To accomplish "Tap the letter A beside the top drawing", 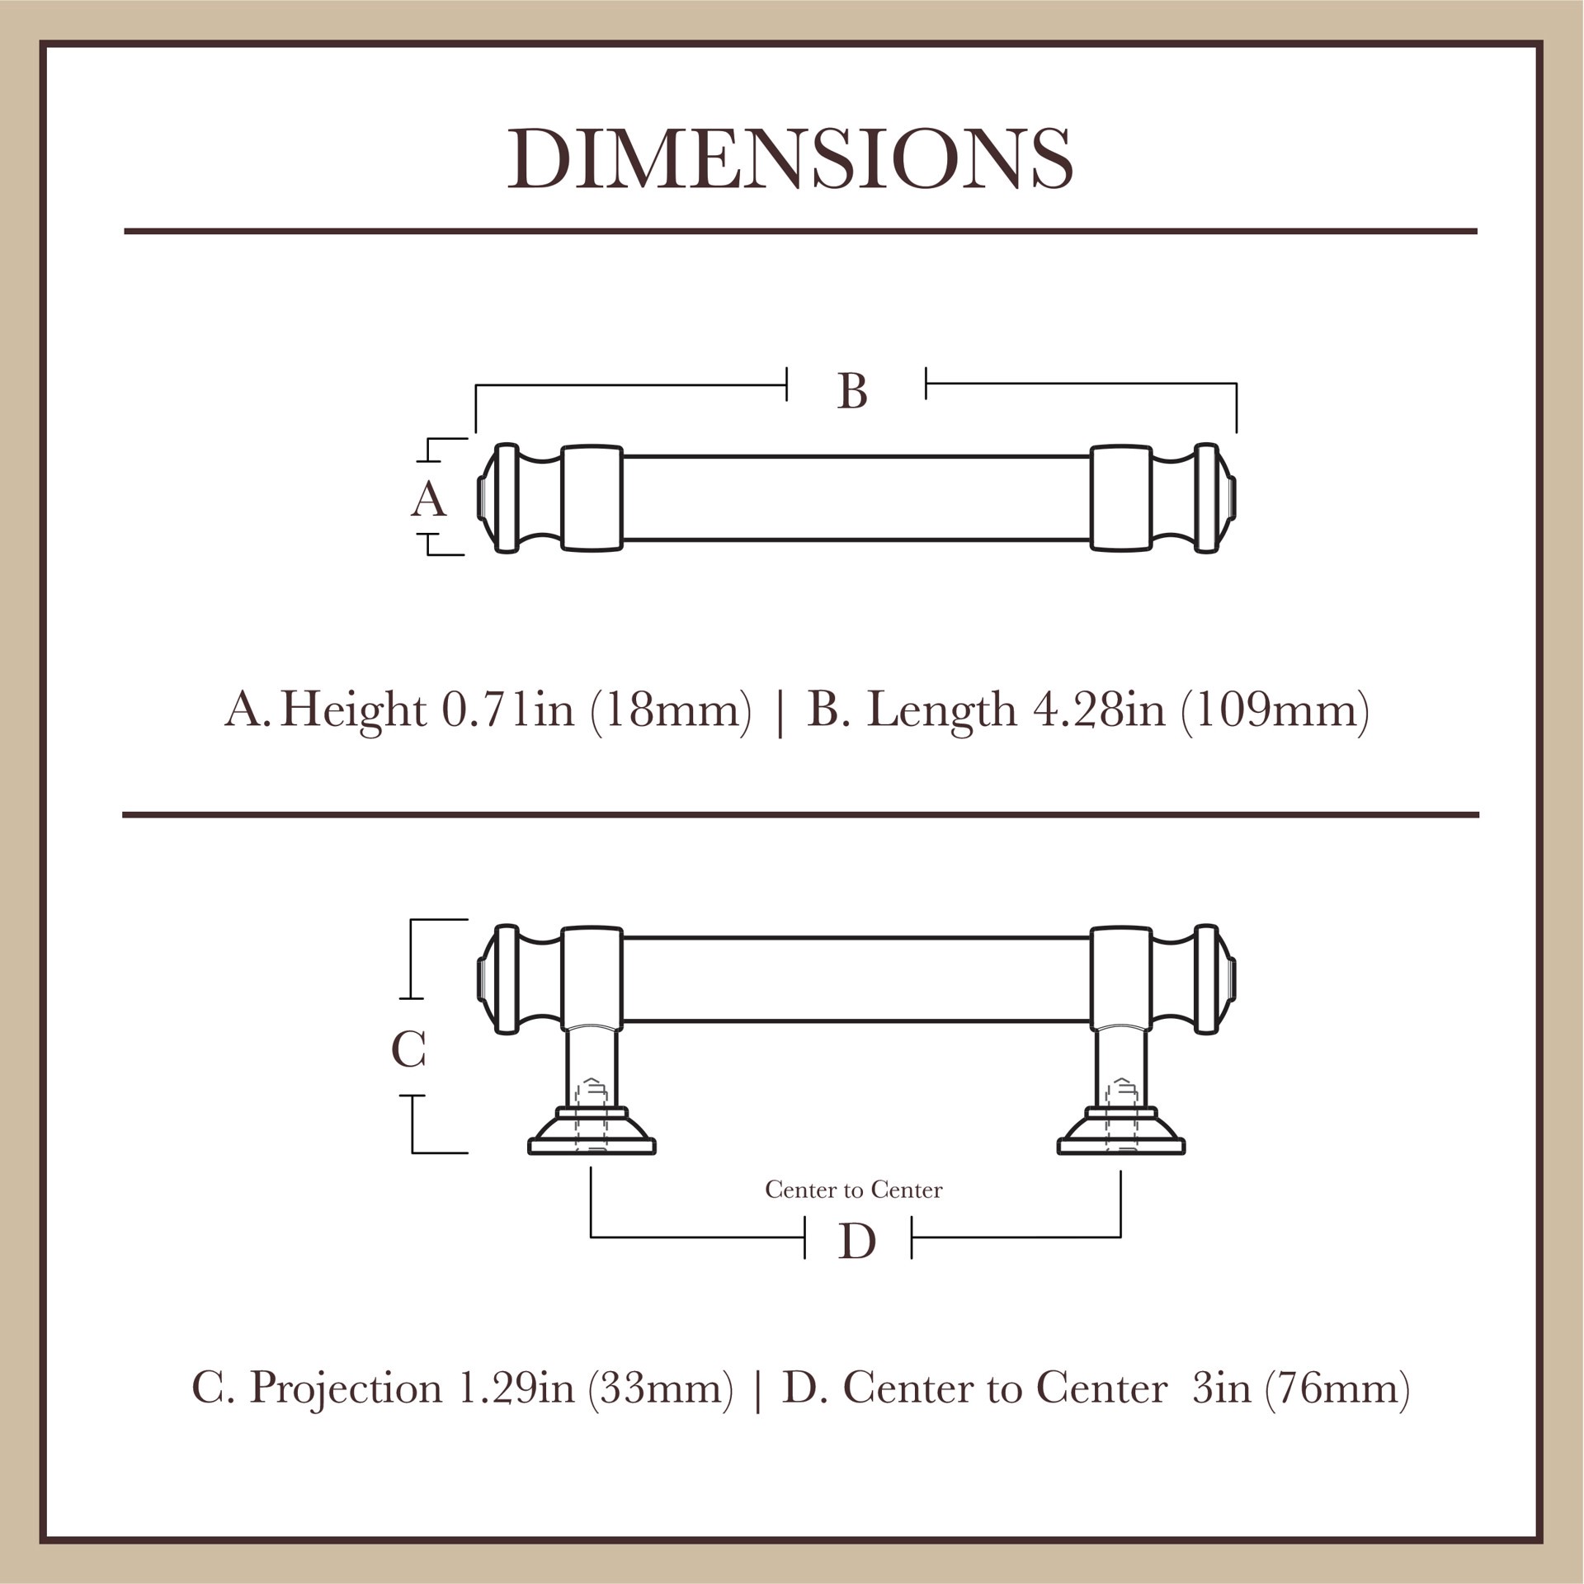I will [428, 499].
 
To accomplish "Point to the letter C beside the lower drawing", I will [408, 1050].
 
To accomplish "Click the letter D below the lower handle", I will [856, 1242].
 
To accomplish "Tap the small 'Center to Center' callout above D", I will [853, 1190].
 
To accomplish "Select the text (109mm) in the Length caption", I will [1275, 709].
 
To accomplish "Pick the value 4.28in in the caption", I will [1099, 709].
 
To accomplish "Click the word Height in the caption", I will [353, 709].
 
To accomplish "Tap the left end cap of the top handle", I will [498, 498].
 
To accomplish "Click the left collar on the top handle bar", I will [592, 498].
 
